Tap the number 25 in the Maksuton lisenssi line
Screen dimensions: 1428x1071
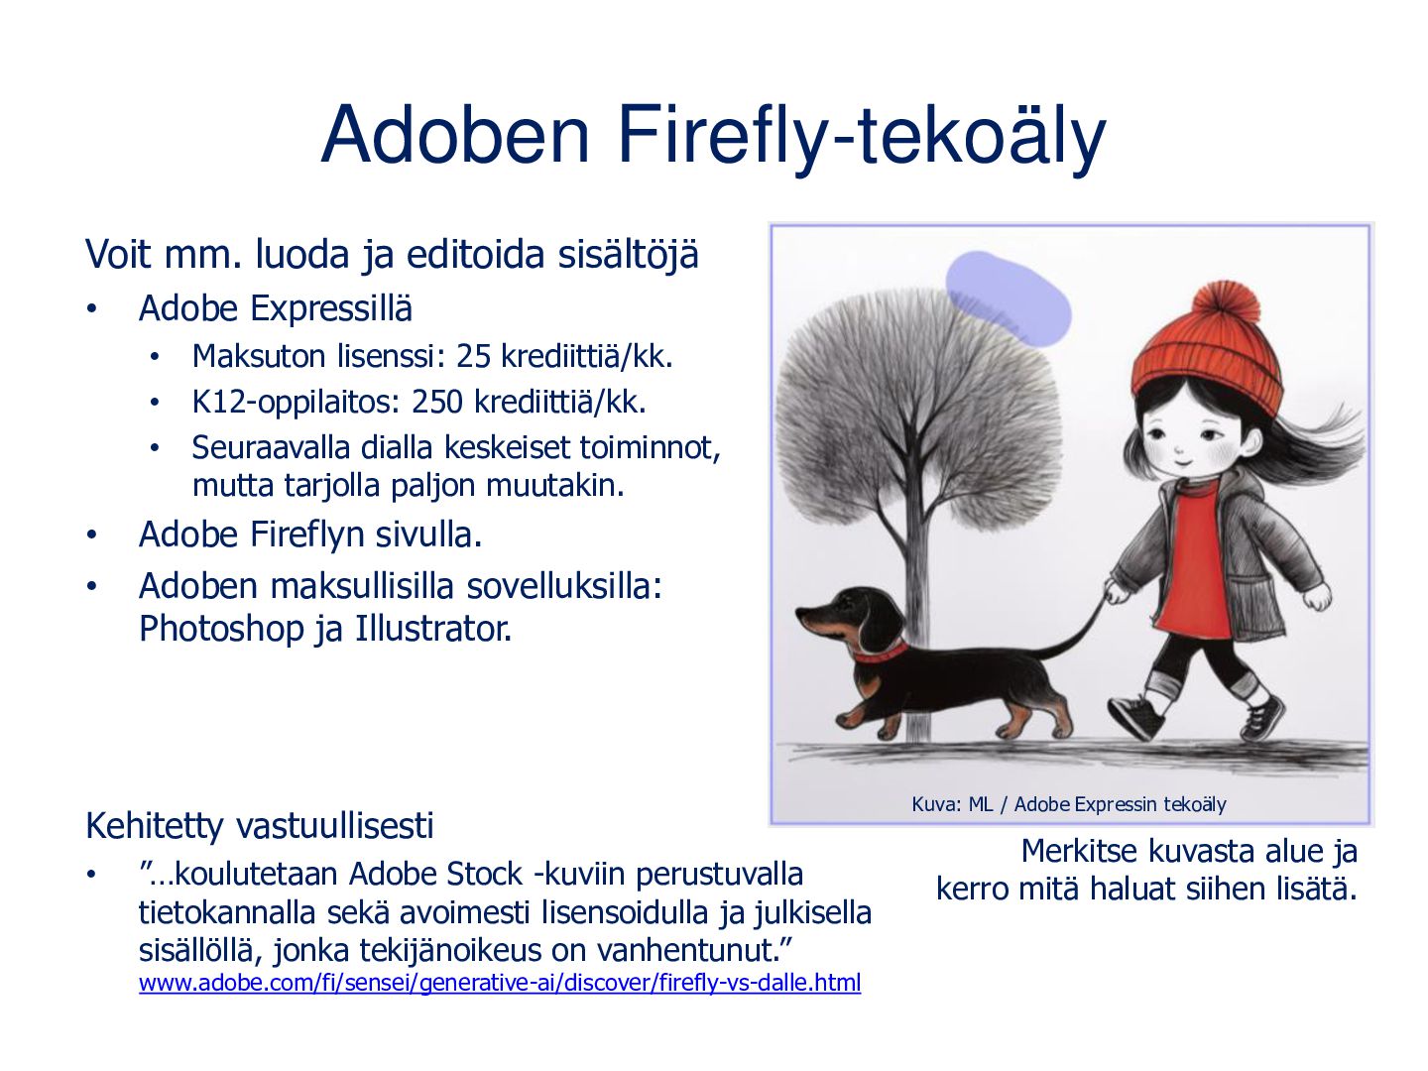472,356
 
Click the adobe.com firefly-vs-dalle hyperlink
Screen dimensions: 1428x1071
500,982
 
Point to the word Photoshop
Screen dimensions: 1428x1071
222,630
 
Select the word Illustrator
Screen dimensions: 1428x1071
432,628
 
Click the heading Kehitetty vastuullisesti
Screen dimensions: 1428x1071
260,826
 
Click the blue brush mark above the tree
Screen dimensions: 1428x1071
1008,297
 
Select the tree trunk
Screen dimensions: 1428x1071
916,625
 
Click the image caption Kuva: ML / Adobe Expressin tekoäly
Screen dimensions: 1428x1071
1068,805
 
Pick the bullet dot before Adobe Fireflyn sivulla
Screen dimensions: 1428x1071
92,535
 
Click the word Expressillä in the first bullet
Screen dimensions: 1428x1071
331,308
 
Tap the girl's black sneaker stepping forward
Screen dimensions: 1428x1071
1134,715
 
